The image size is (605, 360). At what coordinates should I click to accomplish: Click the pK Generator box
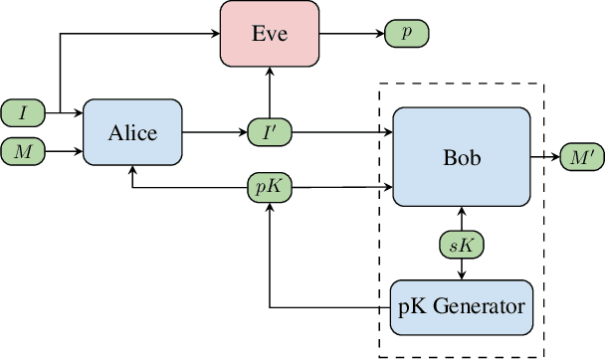coord(461,306)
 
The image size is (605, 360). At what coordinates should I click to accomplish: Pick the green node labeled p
coord(405,33)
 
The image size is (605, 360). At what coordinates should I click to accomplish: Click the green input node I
coord(23,111)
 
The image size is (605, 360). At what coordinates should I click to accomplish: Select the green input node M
coord(23,151)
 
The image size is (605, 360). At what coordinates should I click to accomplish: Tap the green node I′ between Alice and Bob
coord(269,130)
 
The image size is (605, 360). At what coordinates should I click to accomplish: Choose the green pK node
coord(269,185)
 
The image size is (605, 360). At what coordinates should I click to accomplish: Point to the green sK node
coord(461,244)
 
